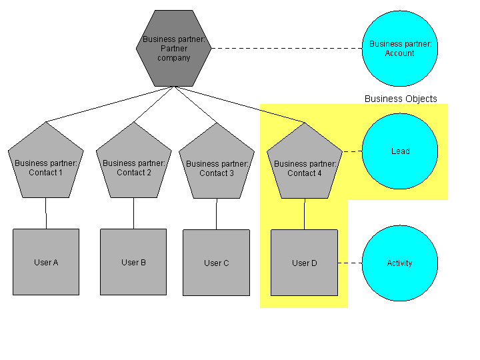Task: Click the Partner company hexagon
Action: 174,48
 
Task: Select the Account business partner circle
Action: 399,48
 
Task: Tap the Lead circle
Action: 399,151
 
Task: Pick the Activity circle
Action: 399,263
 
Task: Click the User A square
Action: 46,262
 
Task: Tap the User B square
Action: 133,262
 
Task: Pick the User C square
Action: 216,263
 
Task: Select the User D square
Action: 304,263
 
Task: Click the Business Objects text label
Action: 401,99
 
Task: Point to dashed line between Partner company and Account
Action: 287,48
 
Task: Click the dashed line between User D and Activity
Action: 349,263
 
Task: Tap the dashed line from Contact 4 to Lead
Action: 351,151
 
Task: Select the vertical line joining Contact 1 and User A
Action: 46,213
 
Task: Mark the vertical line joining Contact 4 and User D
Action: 305,214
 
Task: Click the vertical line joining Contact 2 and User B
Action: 133,213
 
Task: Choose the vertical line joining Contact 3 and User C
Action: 216,214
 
